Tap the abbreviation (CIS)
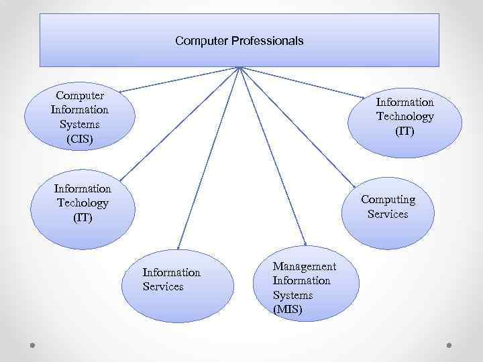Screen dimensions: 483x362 click(x=79, y=139)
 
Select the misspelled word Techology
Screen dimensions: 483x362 click(x=83, y=203)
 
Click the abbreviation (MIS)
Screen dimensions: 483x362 click(x=288, y=310)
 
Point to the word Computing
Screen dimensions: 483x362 click(x=388, y=200)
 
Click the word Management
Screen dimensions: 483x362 click(x=304, y=266)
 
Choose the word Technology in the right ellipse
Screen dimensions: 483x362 click(x=405, y=117)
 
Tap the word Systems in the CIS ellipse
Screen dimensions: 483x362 click(x=79, y=125)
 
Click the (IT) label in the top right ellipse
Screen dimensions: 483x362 click(x=405, y=131)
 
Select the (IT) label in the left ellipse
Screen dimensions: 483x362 click(x=83, y=218)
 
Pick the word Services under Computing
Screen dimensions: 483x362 click(x=388, y=215)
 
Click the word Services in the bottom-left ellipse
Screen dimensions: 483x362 click(x=163, y=287)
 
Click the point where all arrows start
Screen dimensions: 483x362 click(x=239, y=68)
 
